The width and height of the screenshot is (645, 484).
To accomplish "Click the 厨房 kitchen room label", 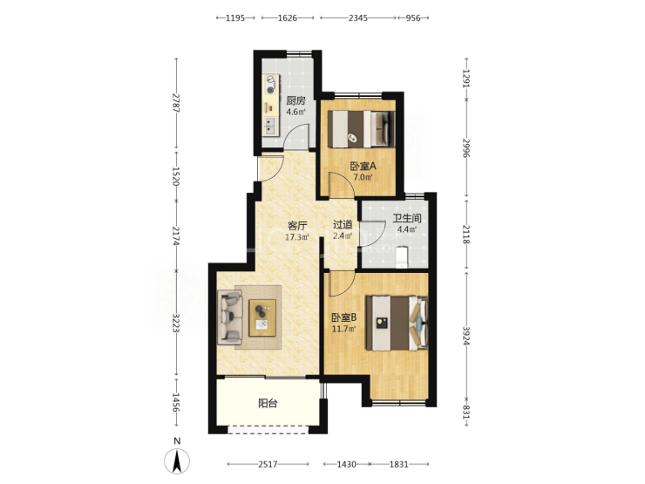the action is [x=295, y=100].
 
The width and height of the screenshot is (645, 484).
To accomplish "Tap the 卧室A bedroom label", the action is [x=363, y=167].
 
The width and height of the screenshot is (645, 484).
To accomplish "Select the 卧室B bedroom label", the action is [x=344, y=317].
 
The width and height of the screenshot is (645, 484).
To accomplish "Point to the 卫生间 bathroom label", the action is [x=407, y=218].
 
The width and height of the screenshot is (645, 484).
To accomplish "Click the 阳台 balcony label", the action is [x=268, y=403].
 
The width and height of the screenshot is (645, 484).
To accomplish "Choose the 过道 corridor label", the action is [x=343, y=225].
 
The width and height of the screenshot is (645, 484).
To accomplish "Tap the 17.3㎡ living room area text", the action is [x=297, y=237].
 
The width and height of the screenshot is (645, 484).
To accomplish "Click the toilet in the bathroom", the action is [x=402, y=256].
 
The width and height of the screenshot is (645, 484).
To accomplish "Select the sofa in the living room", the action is [x=229, y=317].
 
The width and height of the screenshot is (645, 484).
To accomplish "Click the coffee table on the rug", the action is [x=262, y=317].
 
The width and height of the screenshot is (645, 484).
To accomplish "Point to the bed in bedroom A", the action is [x=361, y=129].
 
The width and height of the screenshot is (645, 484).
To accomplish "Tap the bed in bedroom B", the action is [x=397, y=324].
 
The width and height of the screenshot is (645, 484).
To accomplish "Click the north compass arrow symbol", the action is [x=177, y=461].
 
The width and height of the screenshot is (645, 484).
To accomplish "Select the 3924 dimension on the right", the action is [x=466, y=336].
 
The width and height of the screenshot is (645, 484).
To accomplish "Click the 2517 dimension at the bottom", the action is [x=268, y=464].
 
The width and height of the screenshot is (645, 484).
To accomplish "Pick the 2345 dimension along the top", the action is [x=358, y=17].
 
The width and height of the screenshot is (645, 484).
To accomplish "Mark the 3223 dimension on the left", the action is [x=176, y=323].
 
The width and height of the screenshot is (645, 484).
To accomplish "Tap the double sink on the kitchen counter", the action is [x=270, y=126].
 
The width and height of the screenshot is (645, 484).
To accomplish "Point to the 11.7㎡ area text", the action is [x=344, y=329].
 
